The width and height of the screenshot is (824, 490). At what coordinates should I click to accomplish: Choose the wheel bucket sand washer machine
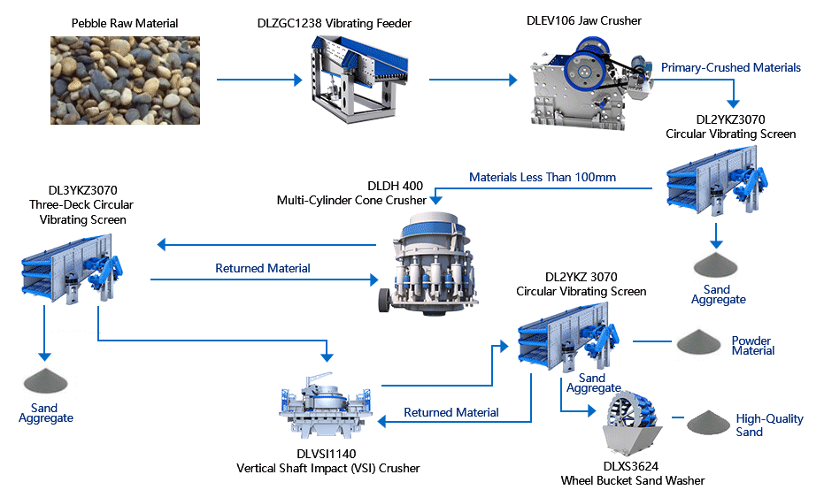[630, 423]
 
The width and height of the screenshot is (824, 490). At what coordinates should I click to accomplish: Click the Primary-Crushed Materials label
[730, 67]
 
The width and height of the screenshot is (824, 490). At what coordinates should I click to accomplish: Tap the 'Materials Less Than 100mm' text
[542, 177]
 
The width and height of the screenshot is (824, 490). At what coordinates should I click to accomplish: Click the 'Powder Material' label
[752, 346]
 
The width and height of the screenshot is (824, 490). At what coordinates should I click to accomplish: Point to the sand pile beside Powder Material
[700, 343]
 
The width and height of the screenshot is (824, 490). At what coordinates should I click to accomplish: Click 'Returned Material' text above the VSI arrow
[451, 412]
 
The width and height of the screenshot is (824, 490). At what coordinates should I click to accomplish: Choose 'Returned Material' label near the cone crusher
[263, 268]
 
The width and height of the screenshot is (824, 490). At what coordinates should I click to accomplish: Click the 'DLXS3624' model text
[632, 465]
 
